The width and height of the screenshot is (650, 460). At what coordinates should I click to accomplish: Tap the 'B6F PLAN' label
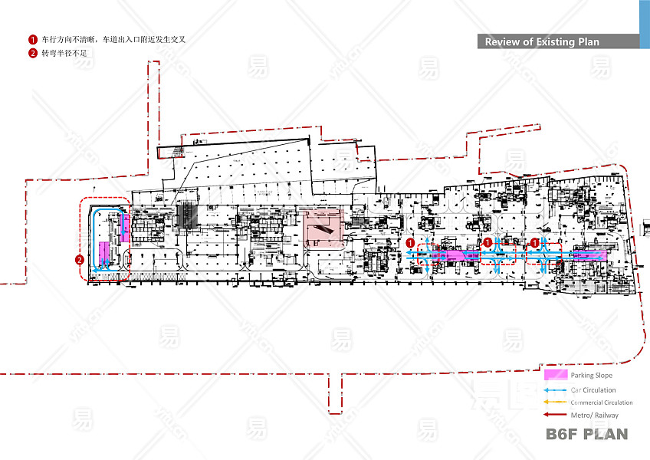(x=586, y=435)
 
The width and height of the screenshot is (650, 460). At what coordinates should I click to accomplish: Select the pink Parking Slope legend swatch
(x=555, y=376)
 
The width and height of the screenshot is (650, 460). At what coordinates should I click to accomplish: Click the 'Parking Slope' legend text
(x=591, y=376)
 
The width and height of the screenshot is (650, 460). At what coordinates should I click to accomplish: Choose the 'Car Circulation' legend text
(x=593, y=390)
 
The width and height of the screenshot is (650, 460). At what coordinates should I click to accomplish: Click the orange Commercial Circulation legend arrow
(x=555, y=402)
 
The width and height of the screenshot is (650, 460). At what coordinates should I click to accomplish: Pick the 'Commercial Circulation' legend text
(x=601, y=402)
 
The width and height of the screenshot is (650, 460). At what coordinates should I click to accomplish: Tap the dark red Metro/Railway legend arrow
(x=555, y=415)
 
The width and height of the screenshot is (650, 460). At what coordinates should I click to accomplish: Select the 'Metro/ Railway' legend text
(x=594, y=416)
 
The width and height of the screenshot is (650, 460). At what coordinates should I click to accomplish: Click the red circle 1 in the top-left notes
(x=33, y=39)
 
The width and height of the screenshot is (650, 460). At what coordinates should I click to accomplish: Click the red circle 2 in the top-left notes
(x=33, y=53)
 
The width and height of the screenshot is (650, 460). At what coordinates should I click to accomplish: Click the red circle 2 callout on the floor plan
(x=80, y=259)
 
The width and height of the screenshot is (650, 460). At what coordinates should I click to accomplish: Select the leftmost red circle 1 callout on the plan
(x=410, y=242)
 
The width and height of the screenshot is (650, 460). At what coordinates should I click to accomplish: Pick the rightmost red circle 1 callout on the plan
(x=535, y=242)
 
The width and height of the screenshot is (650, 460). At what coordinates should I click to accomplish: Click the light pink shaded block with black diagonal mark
(x=323, y=226)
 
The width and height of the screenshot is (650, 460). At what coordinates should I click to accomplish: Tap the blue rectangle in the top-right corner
(x=644, y=24)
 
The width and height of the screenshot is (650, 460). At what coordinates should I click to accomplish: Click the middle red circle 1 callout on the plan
(x=487, y=242)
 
